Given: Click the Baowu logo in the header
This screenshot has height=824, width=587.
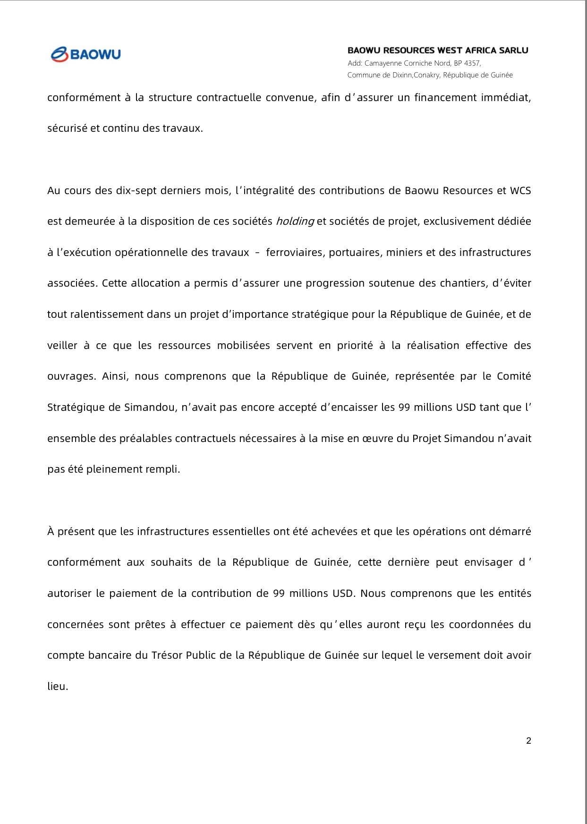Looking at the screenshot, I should (x=85, y=54).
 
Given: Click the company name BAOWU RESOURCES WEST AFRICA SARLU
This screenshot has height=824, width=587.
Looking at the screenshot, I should (x=438, y=50).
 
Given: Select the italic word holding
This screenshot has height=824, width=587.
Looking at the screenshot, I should (x=295, y=221).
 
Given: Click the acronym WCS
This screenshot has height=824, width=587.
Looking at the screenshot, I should (x=520, y=190).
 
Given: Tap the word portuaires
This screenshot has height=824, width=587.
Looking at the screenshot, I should (x=355, y=252).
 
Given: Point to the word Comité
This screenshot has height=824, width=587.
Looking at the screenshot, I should (x=514, y=376).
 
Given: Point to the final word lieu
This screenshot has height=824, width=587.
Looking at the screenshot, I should (x=57, y=686).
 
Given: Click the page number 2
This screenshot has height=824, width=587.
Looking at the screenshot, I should (x=528, y=740).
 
